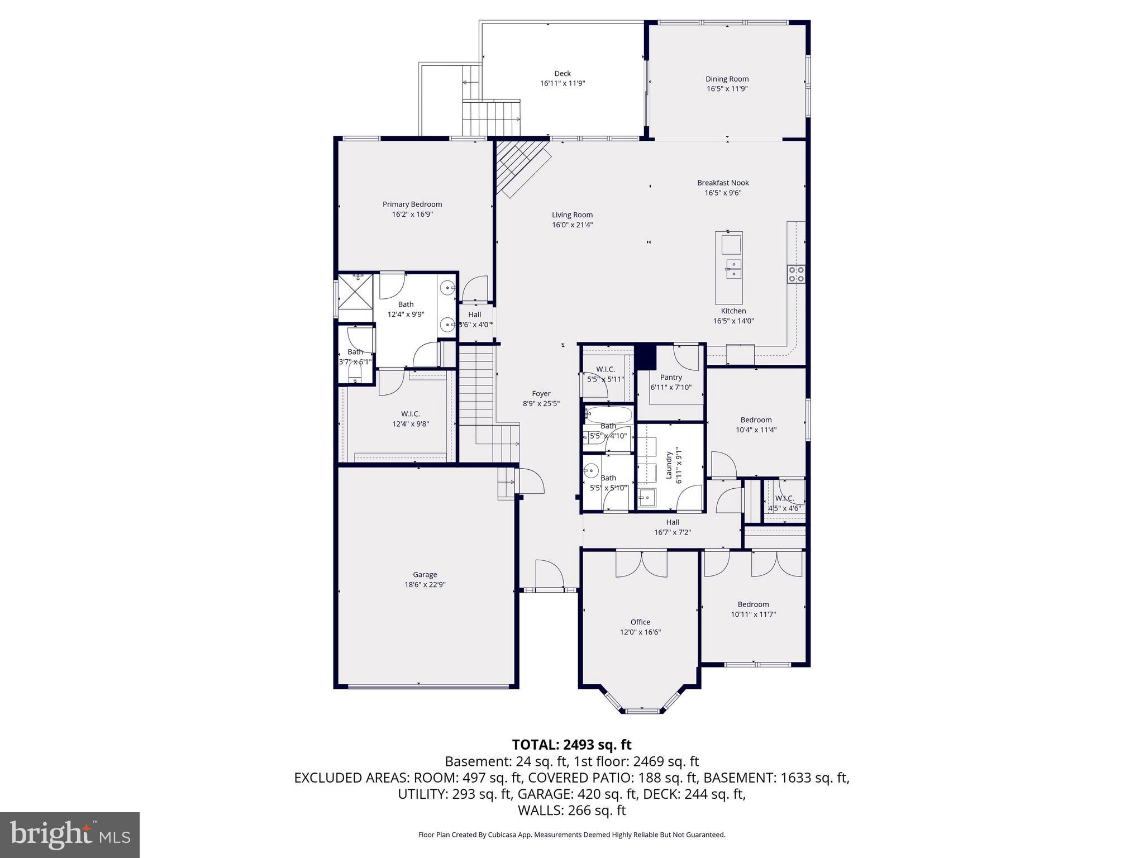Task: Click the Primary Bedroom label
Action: click(412, 204)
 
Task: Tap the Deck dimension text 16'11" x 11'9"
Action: click(563, 83)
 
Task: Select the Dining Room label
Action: click(727, 79)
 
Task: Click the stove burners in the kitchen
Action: click(796, 274)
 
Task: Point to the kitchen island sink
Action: click(733, 269)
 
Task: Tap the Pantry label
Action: click(671, 377)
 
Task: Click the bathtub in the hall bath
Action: click(608, 414)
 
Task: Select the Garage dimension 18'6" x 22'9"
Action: click(425, 585)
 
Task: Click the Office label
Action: click(640, 622)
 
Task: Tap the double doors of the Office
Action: click(641, 563)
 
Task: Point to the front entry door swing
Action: click(549, 574)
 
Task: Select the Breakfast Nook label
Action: click(723, 183)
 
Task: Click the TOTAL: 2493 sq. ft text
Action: click(571, 745)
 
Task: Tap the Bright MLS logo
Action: click(70, 835)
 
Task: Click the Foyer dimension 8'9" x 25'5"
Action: click(541, 403)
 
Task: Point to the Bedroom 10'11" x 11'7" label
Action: click(753, 604)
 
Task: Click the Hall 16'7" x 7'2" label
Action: click(673, 527)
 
